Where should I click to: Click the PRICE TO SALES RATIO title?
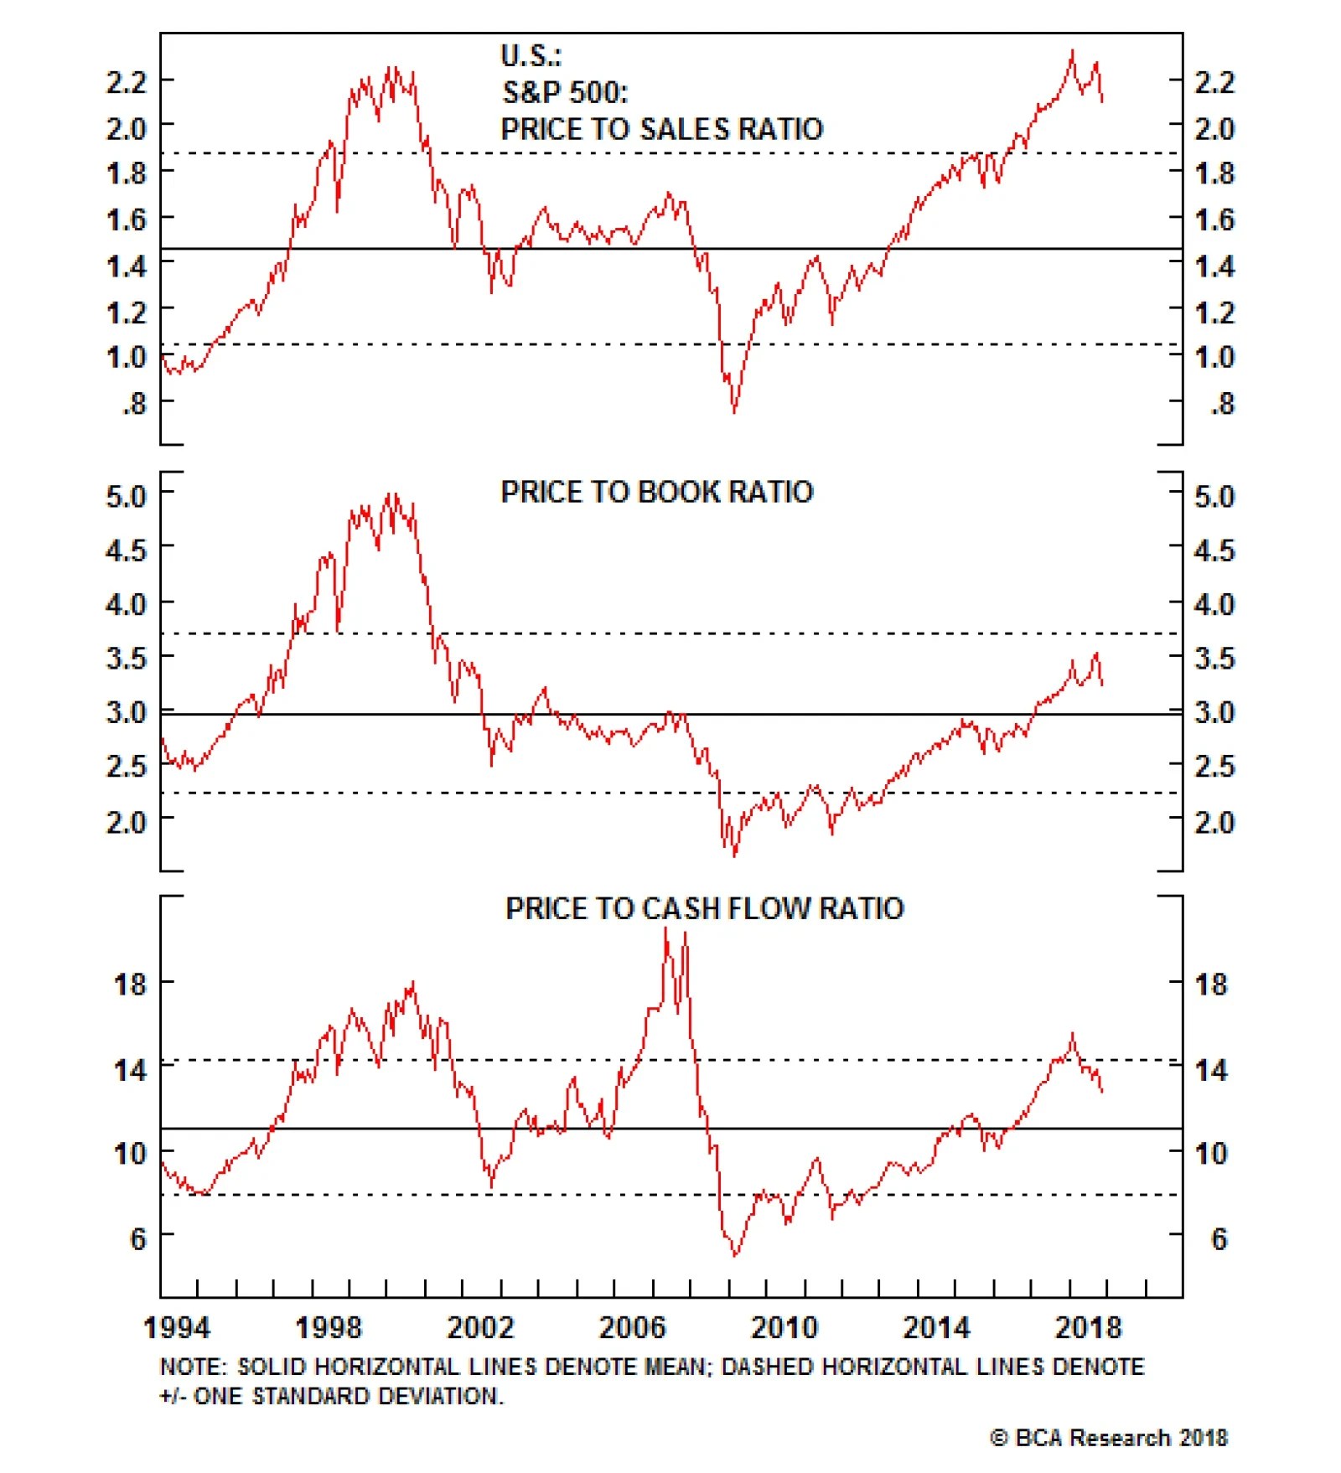(661, 129)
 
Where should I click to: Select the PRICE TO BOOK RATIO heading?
(656, 492)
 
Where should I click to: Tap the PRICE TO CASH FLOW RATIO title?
(704, 908)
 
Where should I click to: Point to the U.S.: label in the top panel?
(531, 56)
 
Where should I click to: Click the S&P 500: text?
(565, 92)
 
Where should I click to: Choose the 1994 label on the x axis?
(176, 1328)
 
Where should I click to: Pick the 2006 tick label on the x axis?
(631, 1328)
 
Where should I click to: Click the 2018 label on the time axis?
(1087, 1328)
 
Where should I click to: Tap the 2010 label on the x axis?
(784, 1328)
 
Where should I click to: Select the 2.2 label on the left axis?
(126, 82)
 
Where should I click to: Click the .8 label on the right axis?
(1222, 404)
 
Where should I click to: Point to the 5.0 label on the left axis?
(126, 496)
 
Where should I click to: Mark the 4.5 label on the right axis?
(1214, 550)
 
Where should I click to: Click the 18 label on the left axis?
(130, 984)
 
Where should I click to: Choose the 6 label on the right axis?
(1219, 1238)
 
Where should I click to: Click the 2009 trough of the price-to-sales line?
(734, 411)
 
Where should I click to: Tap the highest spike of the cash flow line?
(666, 928)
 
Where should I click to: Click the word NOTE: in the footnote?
(193, 1367)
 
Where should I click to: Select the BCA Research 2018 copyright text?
(1108, 1438)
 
